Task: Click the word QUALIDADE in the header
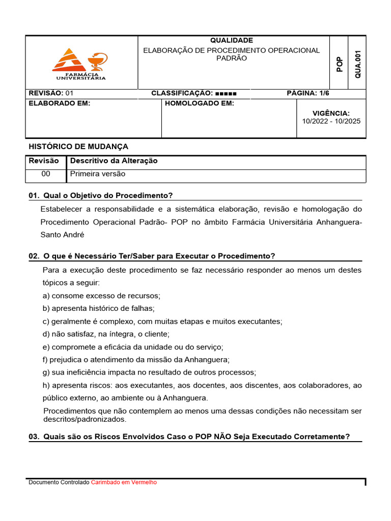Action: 232,40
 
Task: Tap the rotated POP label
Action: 340,64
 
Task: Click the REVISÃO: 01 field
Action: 51,93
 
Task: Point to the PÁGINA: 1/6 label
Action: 309,93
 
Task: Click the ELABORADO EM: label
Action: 59,103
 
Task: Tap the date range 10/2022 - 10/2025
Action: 331,122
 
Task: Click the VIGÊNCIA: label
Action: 331,113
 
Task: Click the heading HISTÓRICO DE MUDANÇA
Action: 78,147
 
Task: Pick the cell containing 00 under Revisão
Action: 46,174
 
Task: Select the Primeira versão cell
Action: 98,174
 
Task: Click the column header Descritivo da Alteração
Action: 114,161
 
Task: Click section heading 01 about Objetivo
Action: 101,195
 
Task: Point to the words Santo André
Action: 63,235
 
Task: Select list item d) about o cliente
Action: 106,334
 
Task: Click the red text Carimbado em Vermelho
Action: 124,482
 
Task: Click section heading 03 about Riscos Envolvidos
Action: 189,437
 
